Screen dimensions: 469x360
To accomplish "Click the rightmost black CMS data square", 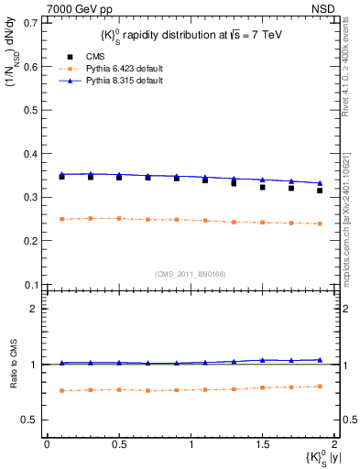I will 320,191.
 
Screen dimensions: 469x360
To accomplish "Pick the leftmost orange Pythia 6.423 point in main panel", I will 61,219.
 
